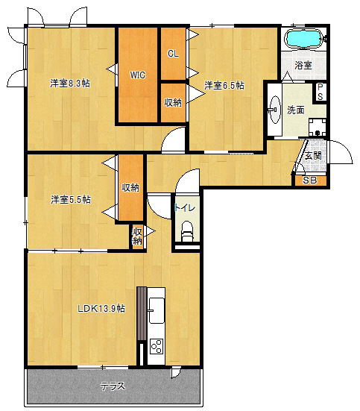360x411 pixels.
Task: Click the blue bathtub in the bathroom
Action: (304, 39)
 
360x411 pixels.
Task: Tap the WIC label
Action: (138, 75)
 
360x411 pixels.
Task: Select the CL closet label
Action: (173, 54)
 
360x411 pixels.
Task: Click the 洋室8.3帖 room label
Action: (70, 84)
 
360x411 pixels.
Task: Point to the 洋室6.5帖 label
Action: (224, 86)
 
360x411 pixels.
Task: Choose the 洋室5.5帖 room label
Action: (71, 200)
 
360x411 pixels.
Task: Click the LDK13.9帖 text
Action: (101, 309)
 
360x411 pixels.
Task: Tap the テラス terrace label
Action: (113, 386)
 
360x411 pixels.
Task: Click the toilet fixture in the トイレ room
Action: (187, 231)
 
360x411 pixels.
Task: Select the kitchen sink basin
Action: (157, 310)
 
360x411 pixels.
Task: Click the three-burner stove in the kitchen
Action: (157, 346)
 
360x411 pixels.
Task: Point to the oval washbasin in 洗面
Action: (275, 110)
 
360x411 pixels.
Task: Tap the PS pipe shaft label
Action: (320, 92)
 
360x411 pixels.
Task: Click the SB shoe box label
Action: (310, 181)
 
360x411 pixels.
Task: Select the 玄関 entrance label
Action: (313, 156)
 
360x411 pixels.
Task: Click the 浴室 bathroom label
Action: (303, 65)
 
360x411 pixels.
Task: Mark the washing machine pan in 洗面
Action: (318, 128)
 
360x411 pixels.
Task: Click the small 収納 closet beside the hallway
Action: (137, 236)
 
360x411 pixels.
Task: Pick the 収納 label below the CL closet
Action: (173, 102)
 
